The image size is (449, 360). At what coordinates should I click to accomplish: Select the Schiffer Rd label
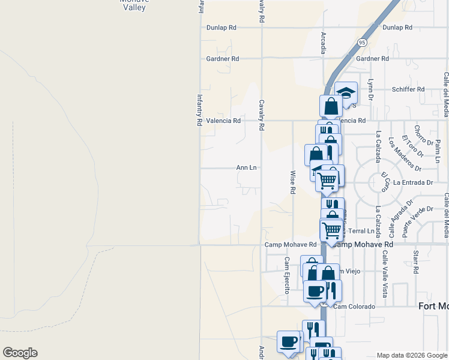coord(408,89)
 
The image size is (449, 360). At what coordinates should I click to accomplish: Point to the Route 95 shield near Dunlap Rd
coord(361,43)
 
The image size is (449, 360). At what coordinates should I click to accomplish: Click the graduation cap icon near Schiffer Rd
coord(346,92)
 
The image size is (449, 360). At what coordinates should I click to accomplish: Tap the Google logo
coord(20,353)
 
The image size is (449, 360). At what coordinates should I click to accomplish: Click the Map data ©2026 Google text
coord(411,355)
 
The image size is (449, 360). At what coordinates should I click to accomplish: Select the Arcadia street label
coord(324,43)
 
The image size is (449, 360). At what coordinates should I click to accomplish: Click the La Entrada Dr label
coord(414,182)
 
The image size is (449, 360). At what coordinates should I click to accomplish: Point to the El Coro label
coord(385,181)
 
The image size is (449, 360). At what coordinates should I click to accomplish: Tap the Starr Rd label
coord(415,262)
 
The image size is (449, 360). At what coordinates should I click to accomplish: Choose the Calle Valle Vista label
coord(384,273)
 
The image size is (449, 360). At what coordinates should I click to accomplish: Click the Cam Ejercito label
coord(287,275)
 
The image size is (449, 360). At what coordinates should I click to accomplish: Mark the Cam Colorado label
coord(355,307)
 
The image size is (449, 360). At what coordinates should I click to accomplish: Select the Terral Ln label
coord(361,231)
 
